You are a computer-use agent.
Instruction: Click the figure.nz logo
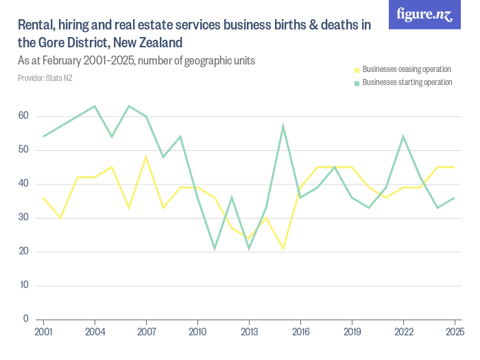424,14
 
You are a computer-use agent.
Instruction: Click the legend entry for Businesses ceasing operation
406,69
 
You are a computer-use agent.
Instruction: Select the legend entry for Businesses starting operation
407,82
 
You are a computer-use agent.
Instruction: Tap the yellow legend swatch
357,70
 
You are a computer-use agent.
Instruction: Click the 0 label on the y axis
25,319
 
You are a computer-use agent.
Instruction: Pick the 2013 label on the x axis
249,332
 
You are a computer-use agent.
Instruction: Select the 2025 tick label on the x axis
454,332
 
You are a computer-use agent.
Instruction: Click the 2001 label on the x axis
44,332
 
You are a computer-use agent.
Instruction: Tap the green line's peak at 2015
283,126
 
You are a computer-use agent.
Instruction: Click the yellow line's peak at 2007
146,156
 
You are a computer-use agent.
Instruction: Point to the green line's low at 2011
215,248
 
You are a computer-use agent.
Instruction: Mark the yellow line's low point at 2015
283,248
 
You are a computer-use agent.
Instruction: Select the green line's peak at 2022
403,136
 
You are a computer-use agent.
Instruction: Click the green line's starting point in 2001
44,136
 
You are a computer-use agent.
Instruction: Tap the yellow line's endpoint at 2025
454,167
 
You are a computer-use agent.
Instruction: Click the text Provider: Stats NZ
45,78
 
